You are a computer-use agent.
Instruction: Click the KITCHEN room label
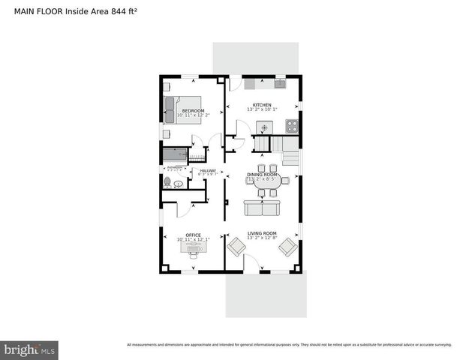click(x=262, y=104)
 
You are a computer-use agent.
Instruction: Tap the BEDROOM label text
click(x=193, y=111)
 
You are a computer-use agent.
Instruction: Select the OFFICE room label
click(x=193, y=235)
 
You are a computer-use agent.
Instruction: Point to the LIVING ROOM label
click(x=262, y=233)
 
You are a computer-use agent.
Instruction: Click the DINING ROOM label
click(x=263, y=175)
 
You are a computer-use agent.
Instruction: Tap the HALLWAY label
click(x=208, y=170)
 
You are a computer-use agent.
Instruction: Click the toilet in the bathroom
click(x=167, y=182)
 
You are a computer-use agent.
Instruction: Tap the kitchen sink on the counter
click(x=280, y=83)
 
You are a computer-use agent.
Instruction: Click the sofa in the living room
click(x=263, y=207)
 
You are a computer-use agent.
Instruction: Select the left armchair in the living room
click(x=236, y=246)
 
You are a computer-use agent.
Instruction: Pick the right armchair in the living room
click(x=287, y=246)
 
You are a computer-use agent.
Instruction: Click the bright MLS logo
click(x=30, y=349)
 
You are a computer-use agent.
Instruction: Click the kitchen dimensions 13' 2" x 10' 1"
click(x=262, y=109)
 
